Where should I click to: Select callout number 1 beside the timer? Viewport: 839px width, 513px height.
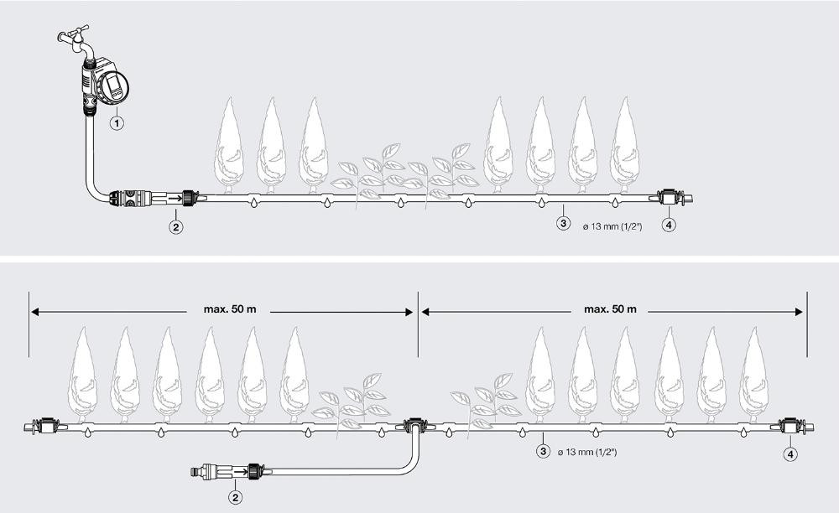point(117,123)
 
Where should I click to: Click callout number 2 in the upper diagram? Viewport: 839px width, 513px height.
point(175,227)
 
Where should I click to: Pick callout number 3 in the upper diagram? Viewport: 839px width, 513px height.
point(563,223)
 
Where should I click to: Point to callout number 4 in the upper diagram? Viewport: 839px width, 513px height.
point(669,225)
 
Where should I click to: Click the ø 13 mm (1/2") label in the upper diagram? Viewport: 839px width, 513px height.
point(612,226)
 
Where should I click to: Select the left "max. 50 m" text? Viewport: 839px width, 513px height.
point(230,308)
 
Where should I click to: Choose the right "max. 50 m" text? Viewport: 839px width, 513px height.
point(610,308)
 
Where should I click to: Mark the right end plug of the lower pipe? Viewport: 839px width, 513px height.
point(792,427)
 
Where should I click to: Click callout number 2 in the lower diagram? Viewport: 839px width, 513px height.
point(235,498)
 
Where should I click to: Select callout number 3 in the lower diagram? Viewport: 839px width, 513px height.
point(543,452)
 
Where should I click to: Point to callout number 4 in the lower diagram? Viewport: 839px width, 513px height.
point(790,455)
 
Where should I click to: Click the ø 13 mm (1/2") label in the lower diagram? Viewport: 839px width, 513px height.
point(587,452)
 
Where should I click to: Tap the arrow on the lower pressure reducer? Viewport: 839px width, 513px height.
point(240,472)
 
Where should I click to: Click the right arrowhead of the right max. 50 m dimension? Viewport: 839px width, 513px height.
point(800,312)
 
